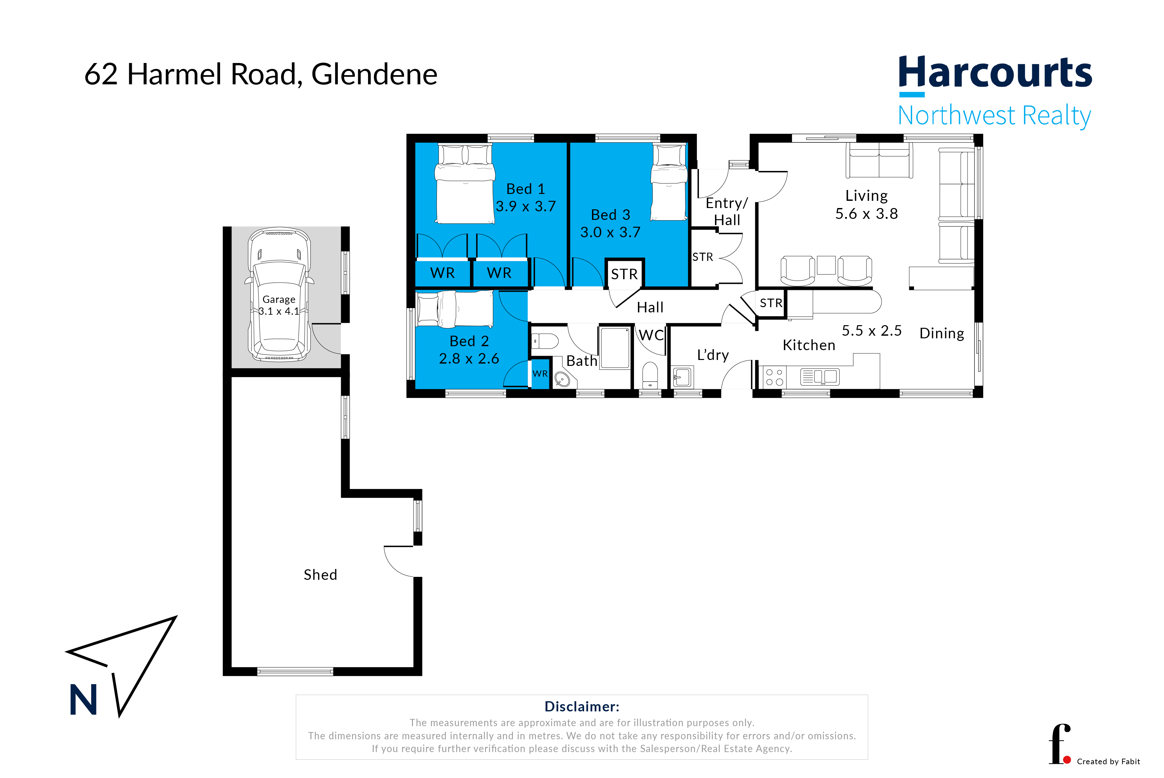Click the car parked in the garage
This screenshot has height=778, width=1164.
coord(279,294)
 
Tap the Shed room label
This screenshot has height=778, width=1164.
coord(320,575)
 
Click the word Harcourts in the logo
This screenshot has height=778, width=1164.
coord(995,73)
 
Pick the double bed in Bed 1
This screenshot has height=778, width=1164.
coord(465,183)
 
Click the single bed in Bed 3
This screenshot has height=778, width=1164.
coord(669,182)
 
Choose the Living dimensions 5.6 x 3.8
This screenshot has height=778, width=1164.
coord(867,214)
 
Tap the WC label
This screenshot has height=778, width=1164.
coord(651,335)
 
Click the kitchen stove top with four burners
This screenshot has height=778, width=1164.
coord(774,377)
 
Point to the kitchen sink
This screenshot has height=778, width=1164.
coord(819,377)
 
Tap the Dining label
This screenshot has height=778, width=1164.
coord(941,333)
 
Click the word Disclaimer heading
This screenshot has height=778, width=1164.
coord(582,706)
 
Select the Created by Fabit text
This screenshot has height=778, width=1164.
coord(1109,762)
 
